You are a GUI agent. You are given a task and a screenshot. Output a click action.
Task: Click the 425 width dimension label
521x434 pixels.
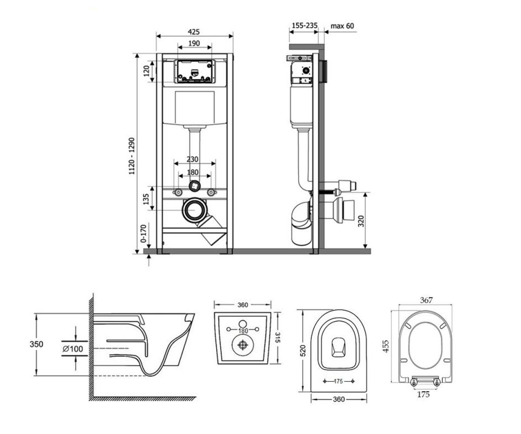(194, 32)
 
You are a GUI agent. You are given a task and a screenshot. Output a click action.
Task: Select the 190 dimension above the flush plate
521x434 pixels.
(194, 43)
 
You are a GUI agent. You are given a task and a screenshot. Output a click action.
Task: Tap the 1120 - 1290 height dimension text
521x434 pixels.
(132, 156)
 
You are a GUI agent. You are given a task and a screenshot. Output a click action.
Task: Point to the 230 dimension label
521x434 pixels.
(192, 159)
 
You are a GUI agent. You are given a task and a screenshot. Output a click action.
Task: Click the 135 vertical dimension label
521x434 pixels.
(146, 199)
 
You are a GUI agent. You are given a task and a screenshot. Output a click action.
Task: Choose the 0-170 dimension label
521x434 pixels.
(143, 234)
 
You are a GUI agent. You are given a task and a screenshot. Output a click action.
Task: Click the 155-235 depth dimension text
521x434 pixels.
(305, 26)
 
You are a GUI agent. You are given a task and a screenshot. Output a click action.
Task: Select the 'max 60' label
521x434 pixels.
(342, 26)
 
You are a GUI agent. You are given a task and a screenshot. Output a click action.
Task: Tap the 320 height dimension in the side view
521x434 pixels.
(361, 221)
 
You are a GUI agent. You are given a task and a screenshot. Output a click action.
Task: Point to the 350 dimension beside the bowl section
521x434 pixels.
(36, 344)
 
